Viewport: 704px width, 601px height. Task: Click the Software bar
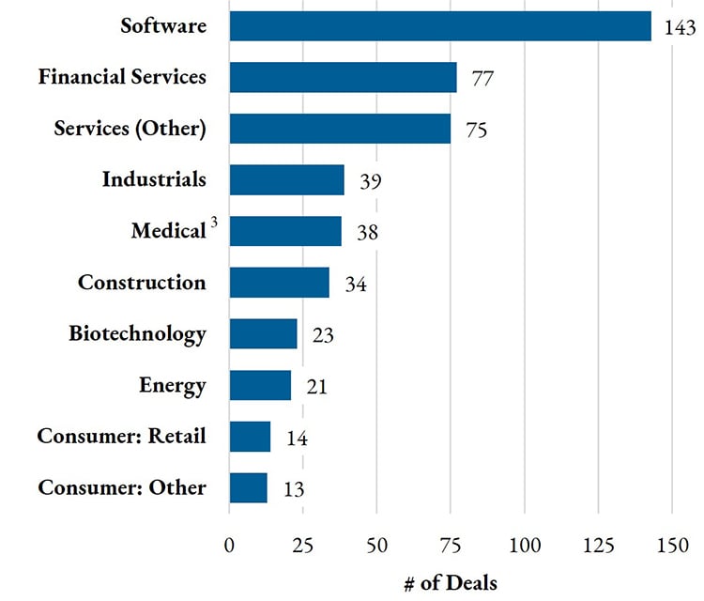click(439, 26)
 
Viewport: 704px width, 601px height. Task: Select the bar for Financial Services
click(343, 77)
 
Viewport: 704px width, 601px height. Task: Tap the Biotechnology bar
click(263, 333)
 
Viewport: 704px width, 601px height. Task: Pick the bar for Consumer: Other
click(248, 487)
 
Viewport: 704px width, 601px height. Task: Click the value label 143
click(679, 27)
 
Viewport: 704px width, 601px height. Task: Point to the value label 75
click(476, 130)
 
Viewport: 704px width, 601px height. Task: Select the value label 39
click(369, 180)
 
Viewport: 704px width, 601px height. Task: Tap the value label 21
click(315, 386)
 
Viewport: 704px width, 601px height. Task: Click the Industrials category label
click(154, 179)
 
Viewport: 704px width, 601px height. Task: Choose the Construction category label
click(142, 283)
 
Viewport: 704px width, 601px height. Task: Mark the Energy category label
click(173, 385)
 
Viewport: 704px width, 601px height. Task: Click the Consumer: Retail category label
click(122, 436)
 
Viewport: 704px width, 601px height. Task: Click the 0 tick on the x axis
click(229, 546)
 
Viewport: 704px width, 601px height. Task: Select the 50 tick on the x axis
click(376, 546)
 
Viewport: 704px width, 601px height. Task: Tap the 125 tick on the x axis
click(598, 546)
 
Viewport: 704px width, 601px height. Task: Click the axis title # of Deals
click(451, 583)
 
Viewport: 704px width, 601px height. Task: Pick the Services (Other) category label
click(130, 129)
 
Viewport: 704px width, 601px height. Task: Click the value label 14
click(295, 438)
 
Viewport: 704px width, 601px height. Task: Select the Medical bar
click(285, 231)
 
